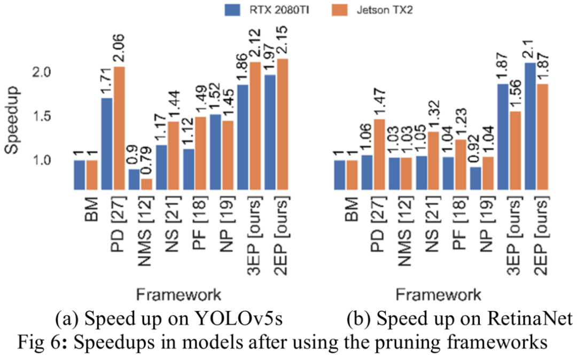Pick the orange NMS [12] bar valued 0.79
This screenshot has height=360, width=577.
point(146,184)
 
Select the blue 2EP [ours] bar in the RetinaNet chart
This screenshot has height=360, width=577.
point(530,126)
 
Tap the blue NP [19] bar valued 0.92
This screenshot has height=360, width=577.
point(475,178)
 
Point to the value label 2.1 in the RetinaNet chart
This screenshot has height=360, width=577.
point(530,44)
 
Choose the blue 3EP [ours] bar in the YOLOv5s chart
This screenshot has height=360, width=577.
point(244,137)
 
